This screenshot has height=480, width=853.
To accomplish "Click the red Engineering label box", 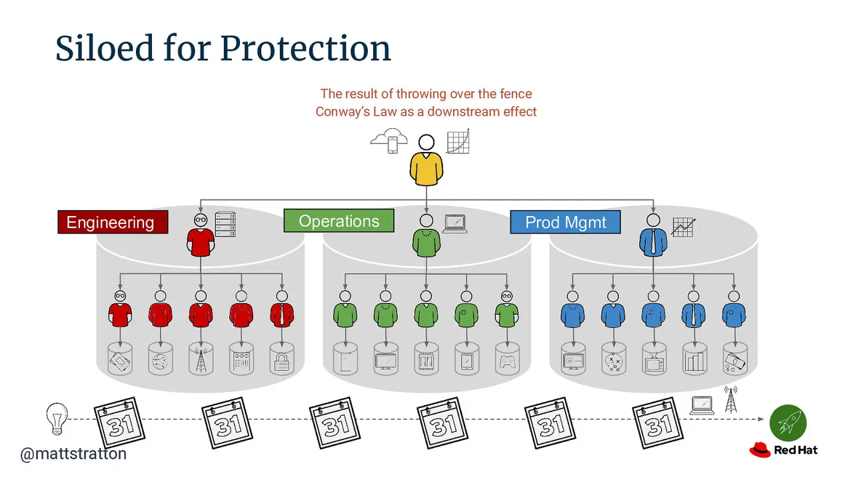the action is [x=113, y=222].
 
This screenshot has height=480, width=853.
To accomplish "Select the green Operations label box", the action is [x=339, y=221].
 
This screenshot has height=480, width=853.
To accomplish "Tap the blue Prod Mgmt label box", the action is [x=566, y=222].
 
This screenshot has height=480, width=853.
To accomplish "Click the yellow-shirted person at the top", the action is [x=426, y=161].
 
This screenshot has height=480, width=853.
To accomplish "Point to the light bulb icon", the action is [x=57, y=418].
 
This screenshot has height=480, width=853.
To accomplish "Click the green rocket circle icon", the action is [x=788, y=423].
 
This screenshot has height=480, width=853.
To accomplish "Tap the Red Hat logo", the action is [x=783, y=450].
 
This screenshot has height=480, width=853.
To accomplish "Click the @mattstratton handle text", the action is [x=73, y=454].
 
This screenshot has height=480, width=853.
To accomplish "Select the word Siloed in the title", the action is [x=105, y=49].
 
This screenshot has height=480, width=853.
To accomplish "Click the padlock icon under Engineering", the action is [x=282, y=361].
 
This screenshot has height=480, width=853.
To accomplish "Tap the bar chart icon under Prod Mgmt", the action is [x=695, y=361].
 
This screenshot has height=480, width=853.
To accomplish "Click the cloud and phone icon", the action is [x=389, y=141].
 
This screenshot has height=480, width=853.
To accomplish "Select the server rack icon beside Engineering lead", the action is [x=225, y=224].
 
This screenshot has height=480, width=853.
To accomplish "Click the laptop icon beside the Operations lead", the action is [x=455, y=224].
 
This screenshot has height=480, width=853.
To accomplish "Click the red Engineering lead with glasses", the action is [x=201, y=235].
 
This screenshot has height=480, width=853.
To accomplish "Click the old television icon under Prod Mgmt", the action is [x=654, y=362].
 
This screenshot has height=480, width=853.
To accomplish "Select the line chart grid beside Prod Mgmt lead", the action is [x=684, y=227].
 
